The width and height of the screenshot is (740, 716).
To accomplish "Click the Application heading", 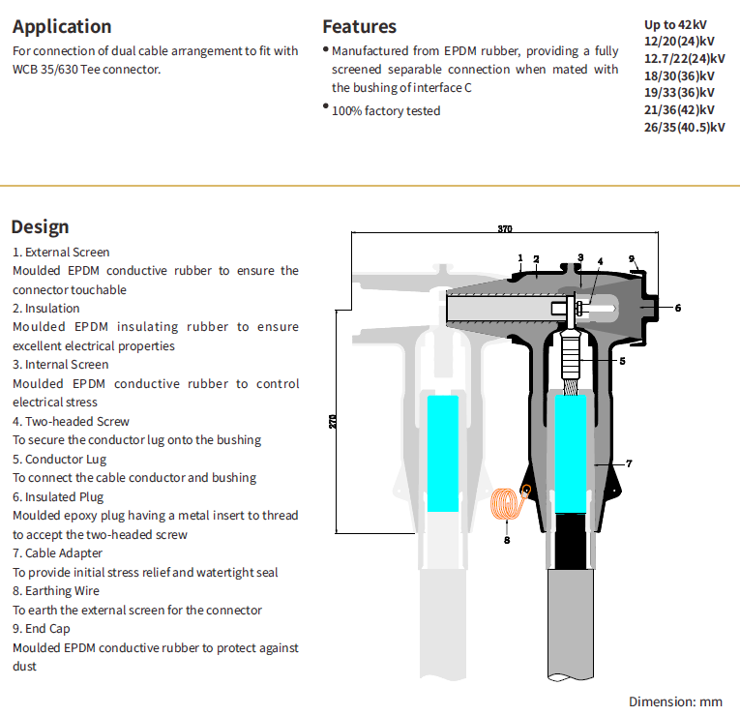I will point(62,27).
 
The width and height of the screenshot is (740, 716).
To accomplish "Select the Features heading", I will point(359,27).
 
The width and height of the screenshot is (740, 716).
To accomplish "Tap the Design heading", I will point(40,226).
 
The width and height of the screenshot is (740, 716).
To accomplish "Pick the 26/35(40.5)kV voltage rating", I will point(684,127).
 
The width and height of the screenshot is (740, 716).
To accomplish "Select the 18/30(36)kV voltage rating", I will point(679,75).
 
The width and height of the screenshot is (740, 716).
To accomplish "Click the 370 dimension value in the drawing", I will point(504,229).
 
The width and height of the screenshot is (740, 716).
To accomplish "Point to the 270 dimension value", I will point(333,423).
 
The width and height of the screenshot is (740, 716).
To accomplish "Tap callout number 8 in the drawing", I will point(506,540).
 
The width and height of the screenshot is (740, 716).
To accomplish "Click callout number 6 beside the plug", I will point(677,308).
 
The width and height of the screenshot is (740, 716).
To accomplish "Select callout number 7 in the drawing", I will point(629,463).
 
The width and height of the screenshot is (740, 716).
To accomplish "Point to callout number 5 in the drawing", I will point(622,361).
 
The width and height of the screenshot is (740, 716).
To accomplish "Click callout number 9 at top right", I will point(631,258).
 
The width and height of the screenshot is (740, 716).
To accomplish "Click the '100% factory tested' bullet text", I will point(385,110).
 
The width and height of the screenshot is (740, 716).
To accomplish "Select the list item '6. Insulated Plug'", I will point(59,496).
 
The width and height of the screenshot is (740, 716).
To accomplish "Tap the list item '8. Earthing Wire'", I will point(56,590).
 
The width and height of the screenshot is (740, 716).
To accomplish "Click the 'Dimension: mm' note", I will point(675,701).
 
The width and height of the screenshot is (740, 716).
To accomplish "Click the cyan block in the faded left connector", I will point(443,452).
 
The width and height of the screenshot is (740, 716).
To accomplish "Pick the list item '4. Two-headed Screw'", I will point(71,421).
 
